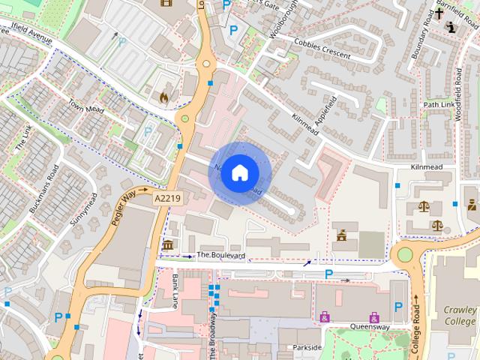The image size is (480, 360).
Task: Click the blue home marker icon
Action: (238, 172)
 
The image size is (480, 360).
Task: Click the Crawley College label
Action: (459, 316)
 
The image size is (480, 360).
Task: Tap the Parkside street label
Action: (307, 347)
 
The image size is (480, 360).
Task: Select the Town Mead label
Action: (84, 108)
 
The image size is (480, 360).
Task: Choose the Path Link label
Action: (439, 104)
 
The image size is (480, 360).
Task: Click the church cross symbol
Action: (439, 13)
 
